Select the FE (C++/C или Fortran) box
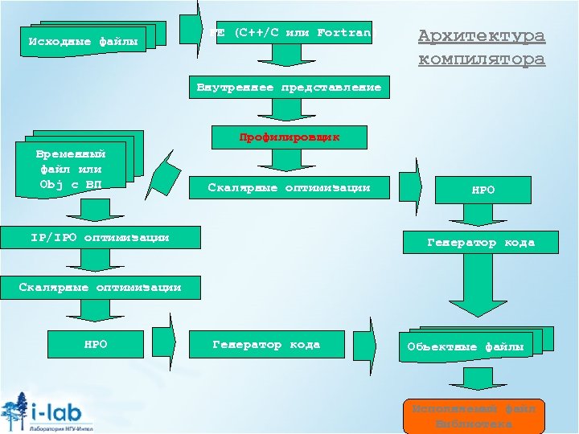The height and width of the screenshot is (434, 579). [294, 33]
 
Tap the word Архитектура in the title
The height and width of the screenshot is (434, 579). [482, 36]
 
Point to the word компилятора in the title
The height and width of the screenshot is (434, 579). [482, 59]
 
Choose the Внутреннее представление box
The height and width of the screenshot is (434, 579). [289, 87]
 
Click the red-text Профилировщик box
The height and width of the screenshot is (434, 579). [289, 137]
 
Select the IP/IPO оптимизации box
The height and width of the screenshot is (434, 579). [100, 237]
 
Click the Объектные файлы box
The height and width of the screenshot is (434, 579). [466, 346]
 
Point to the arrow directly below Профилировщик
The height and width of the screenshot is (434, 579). [289, 161]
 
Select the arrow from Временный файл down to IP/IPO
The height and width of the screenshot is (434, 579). [95, 209]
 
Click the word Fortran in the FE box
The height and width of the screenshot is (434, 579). [344, 33]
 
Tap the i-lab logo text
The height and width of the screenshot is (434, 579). [64, 411]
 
